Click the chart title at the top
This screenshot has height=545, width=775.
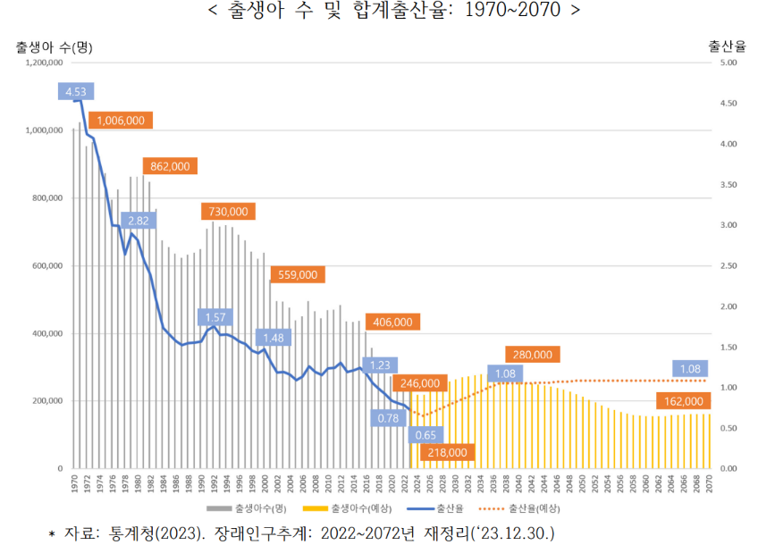tap(387, 13)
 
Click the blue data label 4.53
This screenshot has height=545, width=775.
tap(75, 91)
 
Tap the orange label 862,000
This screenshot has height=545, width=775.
tap(170, 166)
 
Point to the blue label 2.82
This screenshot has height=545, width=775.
tap(138, 221)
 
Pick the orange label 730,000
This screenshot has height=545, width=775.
tap(228, 212)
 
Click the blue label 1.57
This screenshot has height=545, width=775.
tap(215, 317)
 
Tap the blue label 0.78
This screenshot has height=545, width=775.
tap(388, 417)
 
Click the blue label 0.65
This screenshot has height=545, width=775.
tap(425, 435)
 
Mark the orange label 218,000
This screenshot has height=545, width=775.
tap(447, 453)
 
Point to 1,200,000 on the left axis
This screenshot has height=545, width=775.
tap(43, 63)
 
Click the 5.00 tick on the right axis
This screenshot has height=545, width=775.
tap(728, 63)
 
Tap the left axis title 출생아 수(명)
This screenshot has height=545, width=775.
tap(54, 46)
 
